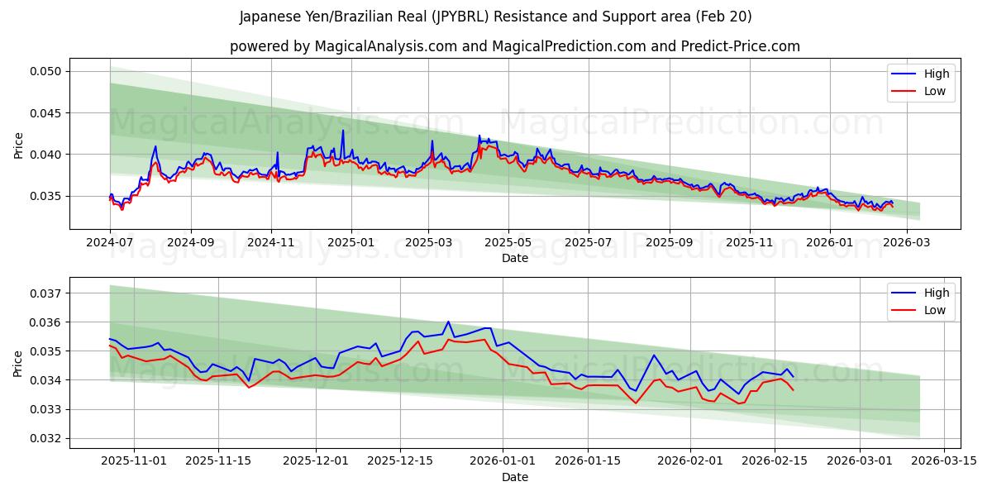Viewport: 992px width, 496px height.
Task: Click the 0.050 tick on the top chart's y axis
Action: (47, 71)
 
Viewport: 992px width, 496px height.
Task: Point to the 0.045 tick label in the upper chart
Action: (47, 112)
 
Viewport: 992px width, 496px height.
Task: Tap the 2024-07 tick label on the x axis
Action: (110, 243)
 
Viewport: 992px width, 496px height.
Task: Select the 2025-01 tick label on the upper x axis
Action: (351, 243)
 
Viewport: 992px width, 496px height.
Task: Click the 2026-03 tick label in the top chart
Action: (907, 243)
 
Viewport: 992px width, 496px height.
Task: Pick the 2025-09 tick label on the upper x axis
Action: (669, 243)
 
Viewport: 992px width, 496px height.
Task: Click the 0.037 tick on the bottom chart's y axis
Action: (47, 293)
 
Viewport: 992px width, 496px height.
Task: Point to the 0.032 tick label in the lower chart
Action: (47, 438)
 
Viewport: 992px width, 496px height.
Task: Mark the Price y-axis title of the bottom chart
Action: (18, 363)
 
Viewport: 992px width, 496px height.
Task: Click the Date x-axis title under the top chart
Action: (514, 258)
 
